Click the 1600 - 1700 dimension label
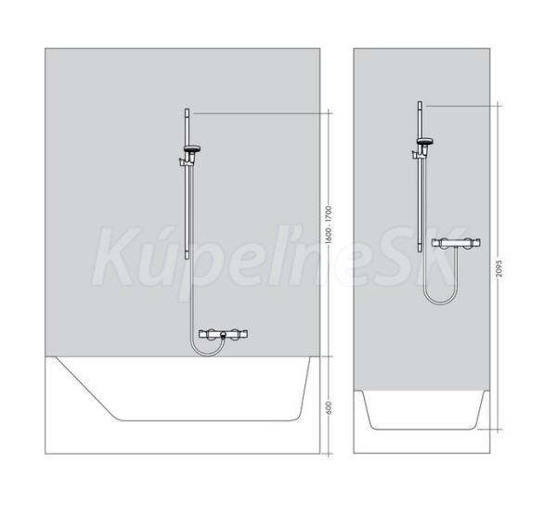[x=328, y=225]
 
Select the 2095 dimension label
[x=499, y=266]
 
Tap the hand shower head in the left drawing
[x=192, y=148]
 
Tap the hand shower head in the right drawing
[x=425, y=141]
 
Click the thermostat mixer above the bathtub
[x=223, y=335]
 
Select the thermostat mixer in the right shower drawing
[x=457, y=243]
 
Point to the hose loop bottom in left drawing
[x=206, y=355]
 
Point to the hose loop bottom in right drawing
[x=439, y=302]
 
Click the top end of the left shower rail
[x=187, y=109]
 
